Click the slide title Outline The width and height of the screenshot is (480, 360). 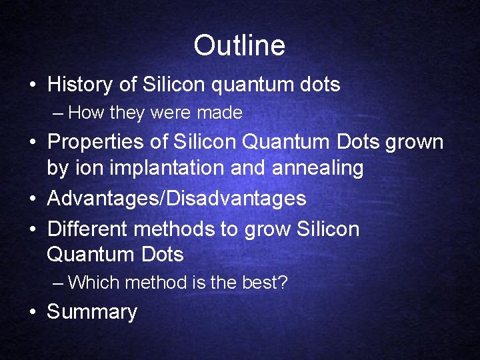239,45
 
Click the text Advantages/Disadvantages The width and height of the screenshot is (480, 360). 177,198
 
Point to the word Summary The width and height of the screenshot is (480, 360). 92,312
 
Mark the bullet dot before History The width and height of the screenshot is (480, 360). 33,85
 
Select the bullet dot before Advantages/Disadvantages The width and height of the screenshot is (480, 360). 33,199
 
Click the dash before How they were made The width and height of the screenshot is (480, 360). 58,113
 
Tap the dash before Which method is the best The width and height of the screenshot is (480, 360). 58,283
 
